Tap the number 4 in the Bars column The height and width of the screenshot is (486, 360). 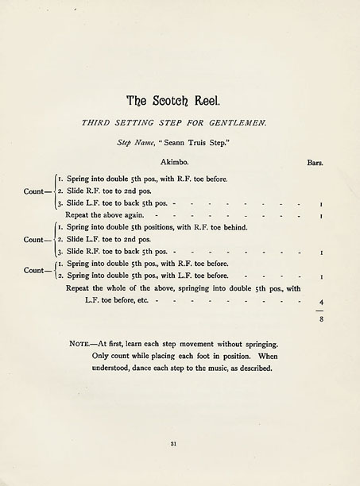coord(321,302)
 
